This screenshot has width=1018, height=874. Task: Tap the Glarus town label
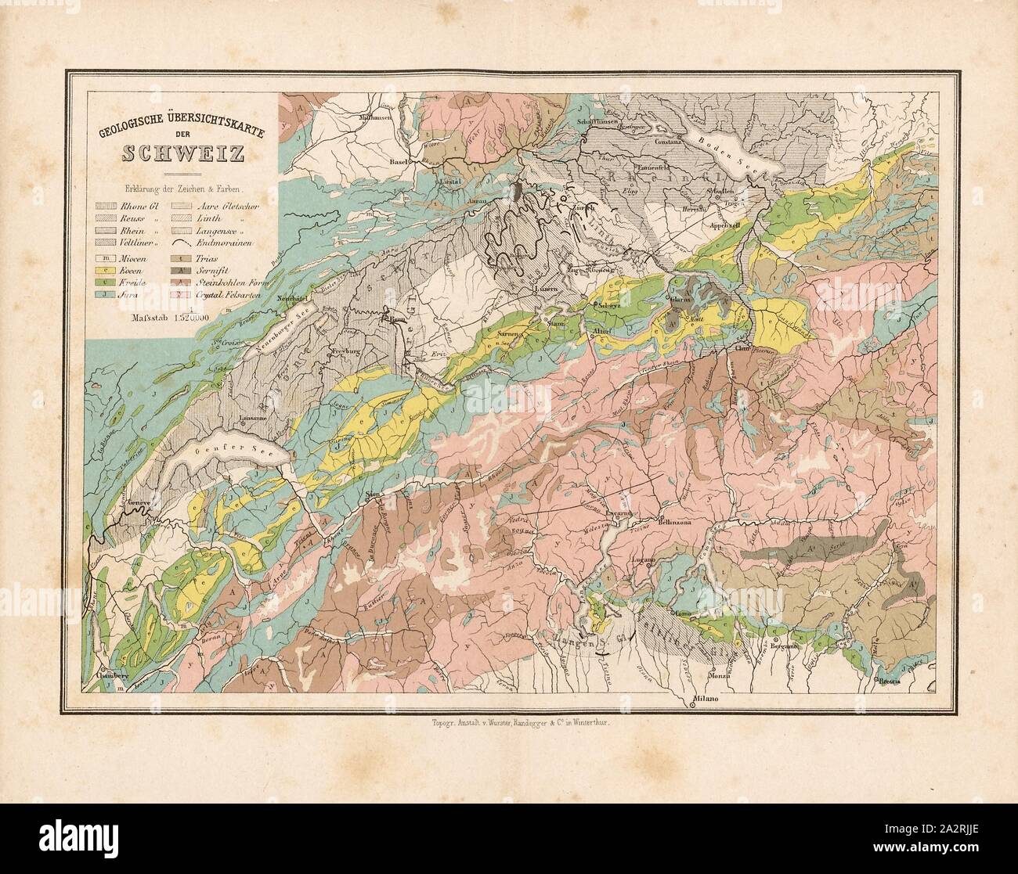(x=682, y=297)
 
